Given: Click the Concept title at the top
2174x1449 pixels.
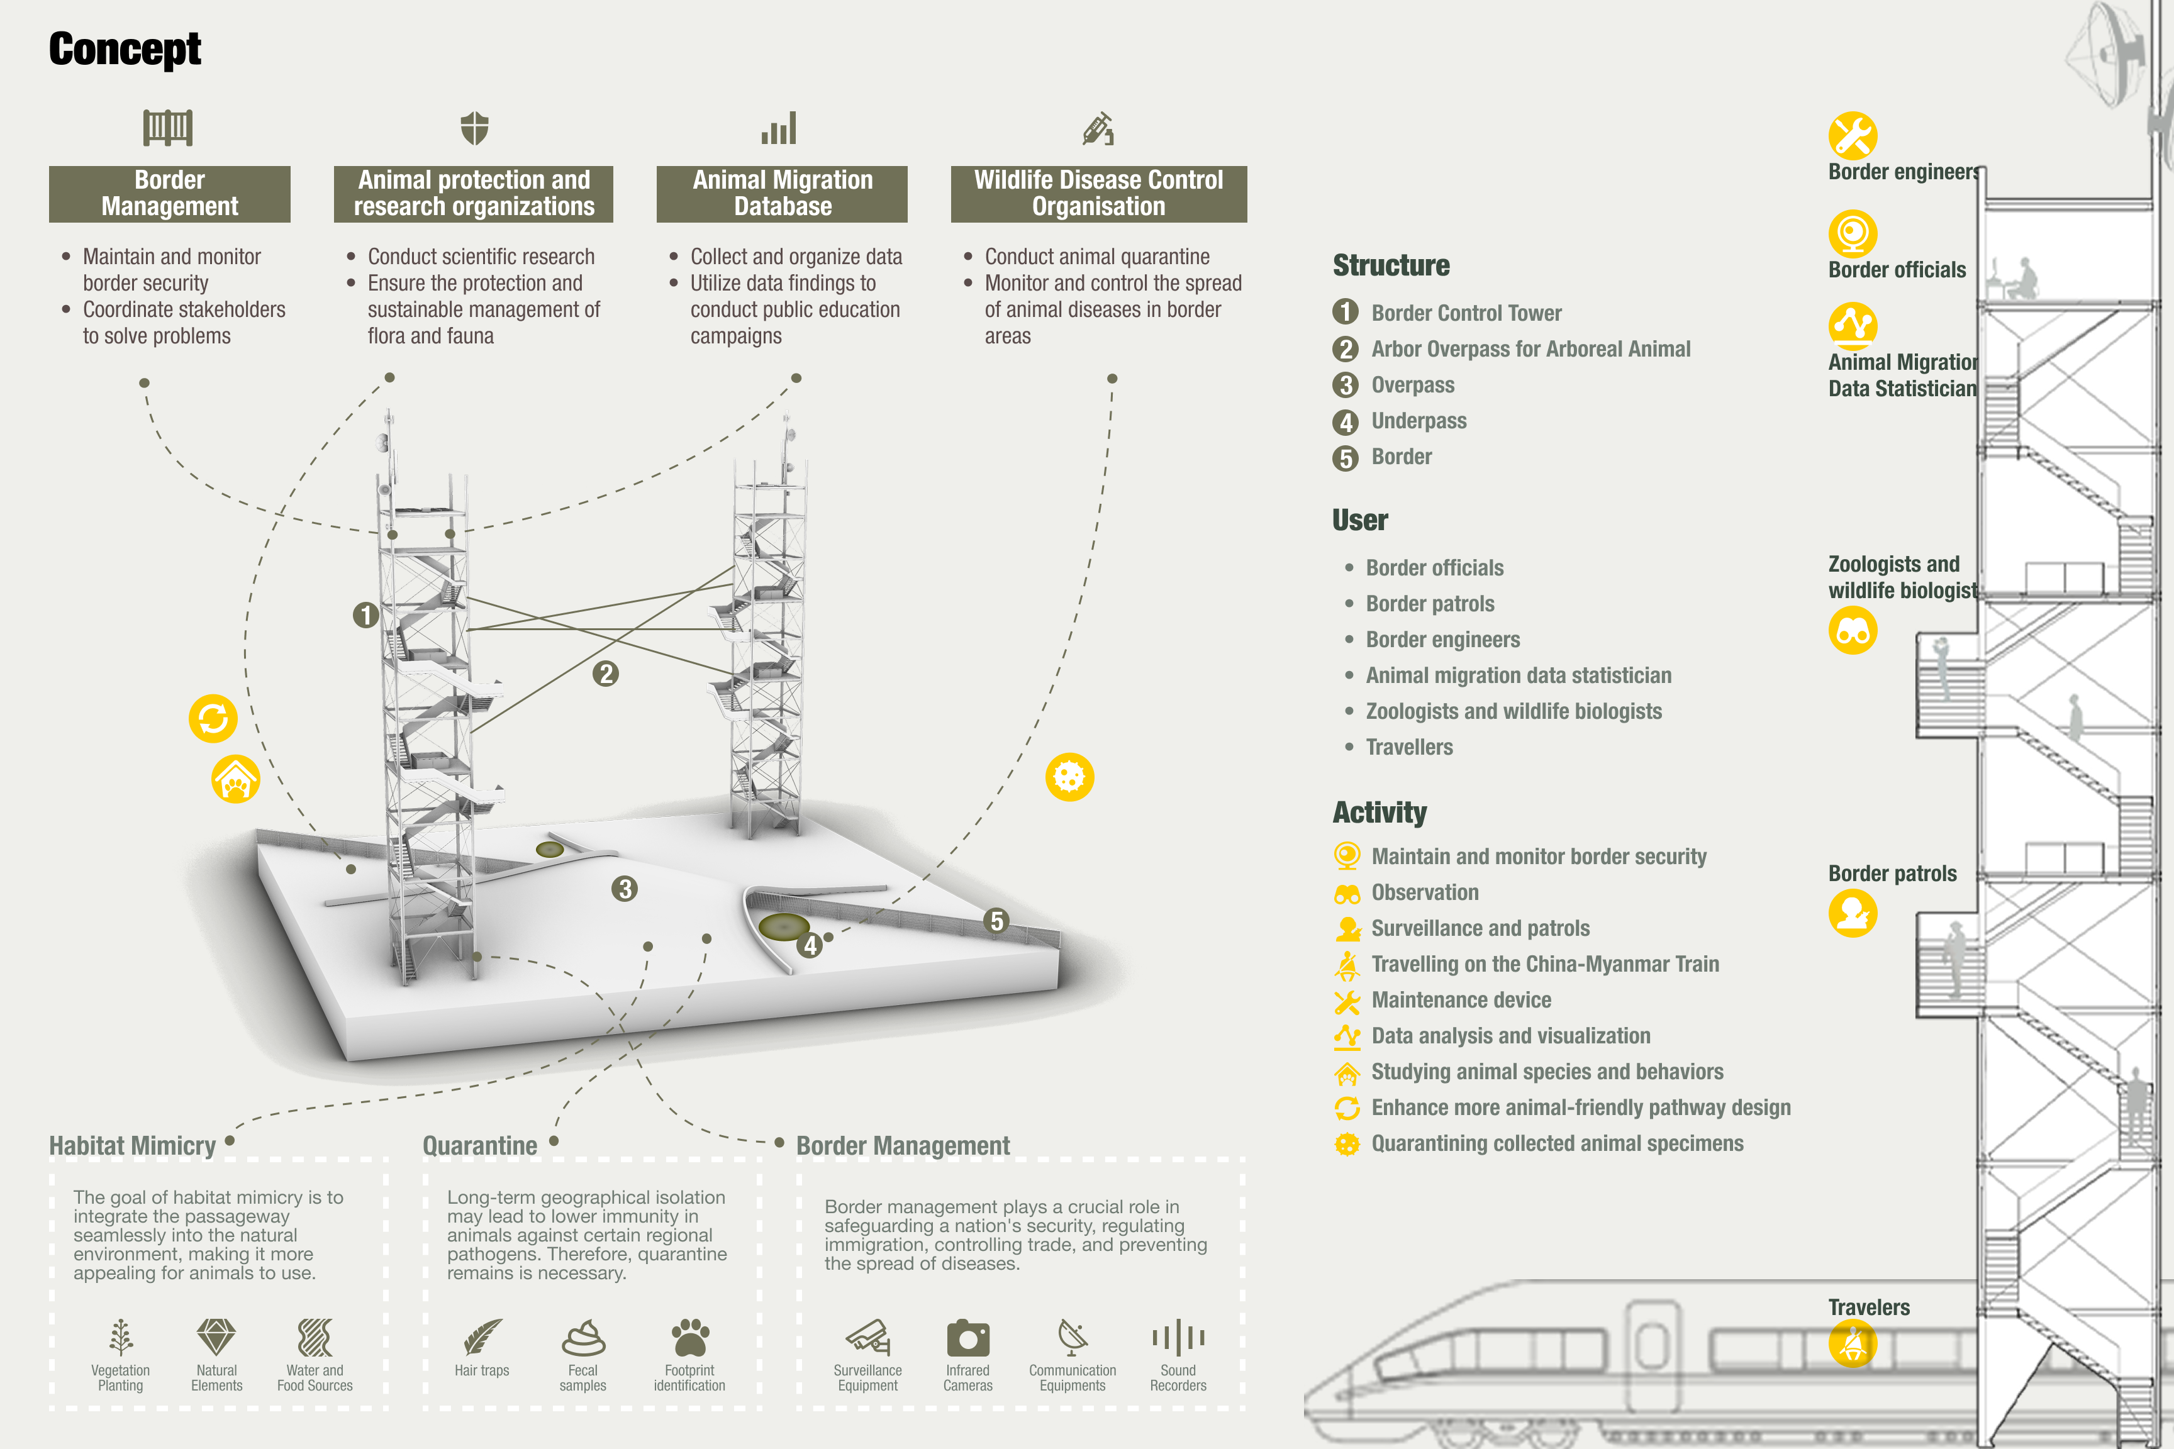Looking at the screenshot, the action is (x=125, y=50).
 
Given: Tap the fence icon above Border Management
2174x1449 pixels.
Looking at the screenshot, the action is (x=168, y=128).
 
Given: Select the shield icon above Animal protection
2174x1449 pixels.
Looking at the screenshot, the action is (x=474, y=128).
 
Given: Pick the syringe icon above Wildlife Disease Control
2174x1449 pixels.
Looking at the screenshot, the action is (x=1098, y=128).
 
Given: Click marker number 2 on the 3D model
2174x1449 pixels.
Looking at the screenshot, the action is (x=605, y=674).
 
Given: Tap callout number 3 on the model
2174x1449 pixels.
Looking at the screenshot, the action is (x=625, y=889).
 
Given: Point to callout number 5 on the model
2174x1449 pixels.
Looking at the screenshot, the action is (x=996, y=921).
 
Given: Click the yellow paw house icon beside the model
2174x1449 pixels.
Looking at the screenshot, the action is (x=236, y=779).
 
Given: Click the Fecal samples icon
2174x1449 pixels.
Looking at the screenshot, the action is (x=583, y=1337).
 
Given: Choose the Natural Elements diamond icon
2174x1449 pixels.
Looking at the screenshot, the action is (x=216, y=1337).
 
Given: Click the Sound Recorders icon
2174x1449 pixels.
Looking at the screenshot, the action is (x=1178, y=1337).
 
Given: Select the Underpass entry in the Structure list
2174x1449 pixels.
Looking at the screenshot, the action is (x=1419, y=421).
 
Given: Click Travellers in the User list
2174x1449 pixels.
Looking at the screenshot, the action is (x=1410, y=748).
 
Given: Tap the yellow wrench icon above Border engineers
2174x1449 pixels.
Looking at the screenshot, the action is (x=1853, y=136).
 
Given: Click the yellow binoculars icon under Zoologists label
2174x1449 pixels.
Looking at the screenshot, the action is (x=1853, y=630).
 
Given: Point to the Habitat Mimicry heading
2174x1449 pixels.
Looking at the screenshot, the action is (x=132, y=1146).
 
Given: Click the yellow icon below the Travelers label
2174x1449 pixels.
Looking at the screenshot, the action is (x=1853, y=1343).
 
